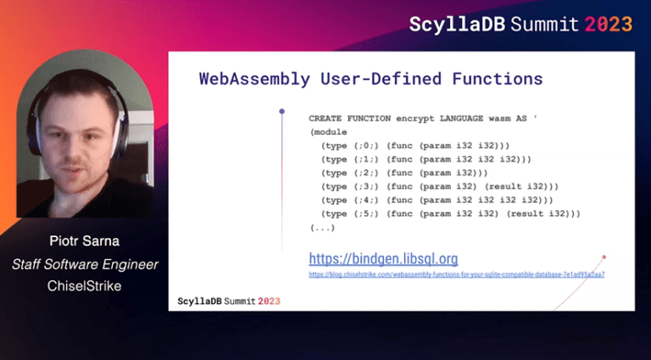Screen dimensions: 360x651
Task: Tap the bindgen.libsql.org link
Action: point(383,258)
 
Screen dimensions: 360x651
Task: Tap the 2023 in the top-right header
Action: point(608,24)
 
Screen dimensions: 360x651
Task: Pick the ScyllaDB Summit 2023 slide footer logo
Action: point(229,301)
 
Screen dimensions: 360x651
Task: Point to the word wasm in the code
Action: point(498,119)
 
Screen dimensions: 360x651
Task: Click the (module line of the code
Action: point(326,132)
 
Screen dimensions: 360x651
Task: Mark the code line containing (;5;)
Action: point(450,213)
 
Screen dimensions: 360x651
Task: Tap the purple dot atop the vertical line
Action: point(281,111)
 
